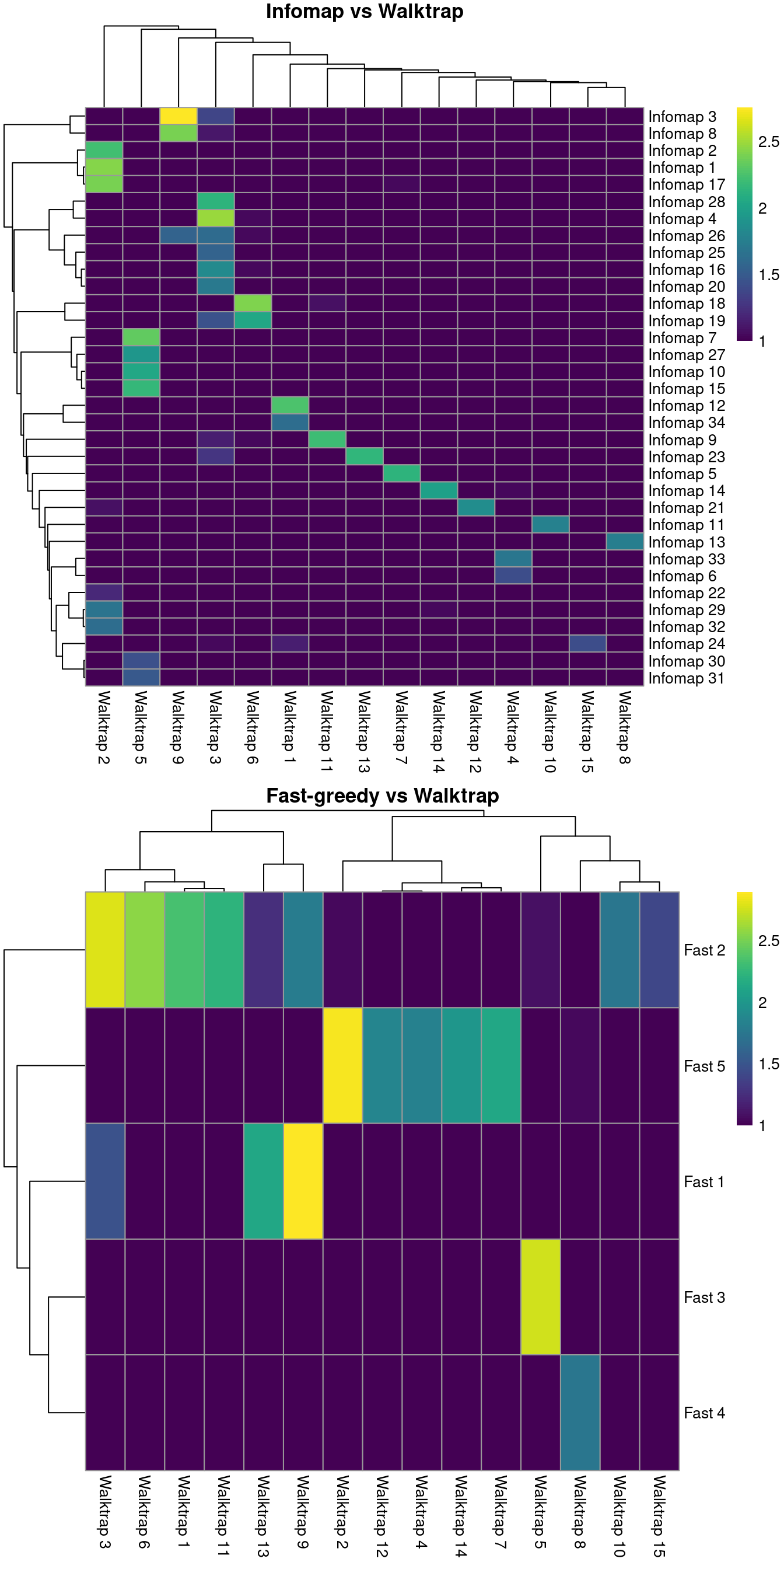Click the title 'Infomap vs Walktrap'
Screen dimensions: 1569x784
(364, 12)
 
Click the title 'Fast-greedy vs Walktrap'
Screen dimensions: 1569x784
(382, 796)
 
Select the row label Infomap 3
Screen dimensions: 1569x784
(682, 116)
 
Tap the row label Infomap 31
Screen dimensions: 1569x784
(686, 678)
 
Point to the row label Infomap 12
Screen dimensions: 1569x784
(686, 406)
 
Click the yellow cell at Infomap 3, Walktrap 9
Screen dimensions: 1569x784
(178, 116)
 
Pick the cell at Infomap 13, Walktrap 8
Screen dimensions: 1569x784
(625, 542)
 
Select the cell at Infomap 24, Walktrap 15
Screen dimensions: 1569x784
(587, 643)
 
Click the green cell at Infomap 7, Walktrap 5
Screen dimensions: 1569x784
(141, 337)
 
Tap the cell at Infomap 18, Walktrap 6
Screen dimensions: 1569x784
(253, 303)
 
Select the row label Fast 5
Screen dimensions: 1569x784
(703, 1066)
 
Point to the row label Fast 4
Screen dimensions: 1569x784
(703, 1413)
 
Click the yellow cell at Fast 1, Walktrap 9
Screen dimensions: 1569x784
(303, 1181)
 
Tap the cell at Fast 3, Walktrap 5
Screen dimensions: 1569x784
(541, 1298)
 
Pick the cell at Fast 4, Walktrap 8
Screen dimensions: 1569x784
(580, 1413)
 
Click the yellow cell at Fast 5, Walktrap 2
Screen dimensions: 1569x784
(342, 1065)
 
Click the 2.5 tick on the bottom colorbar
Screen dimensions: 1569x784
(768, 940)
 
